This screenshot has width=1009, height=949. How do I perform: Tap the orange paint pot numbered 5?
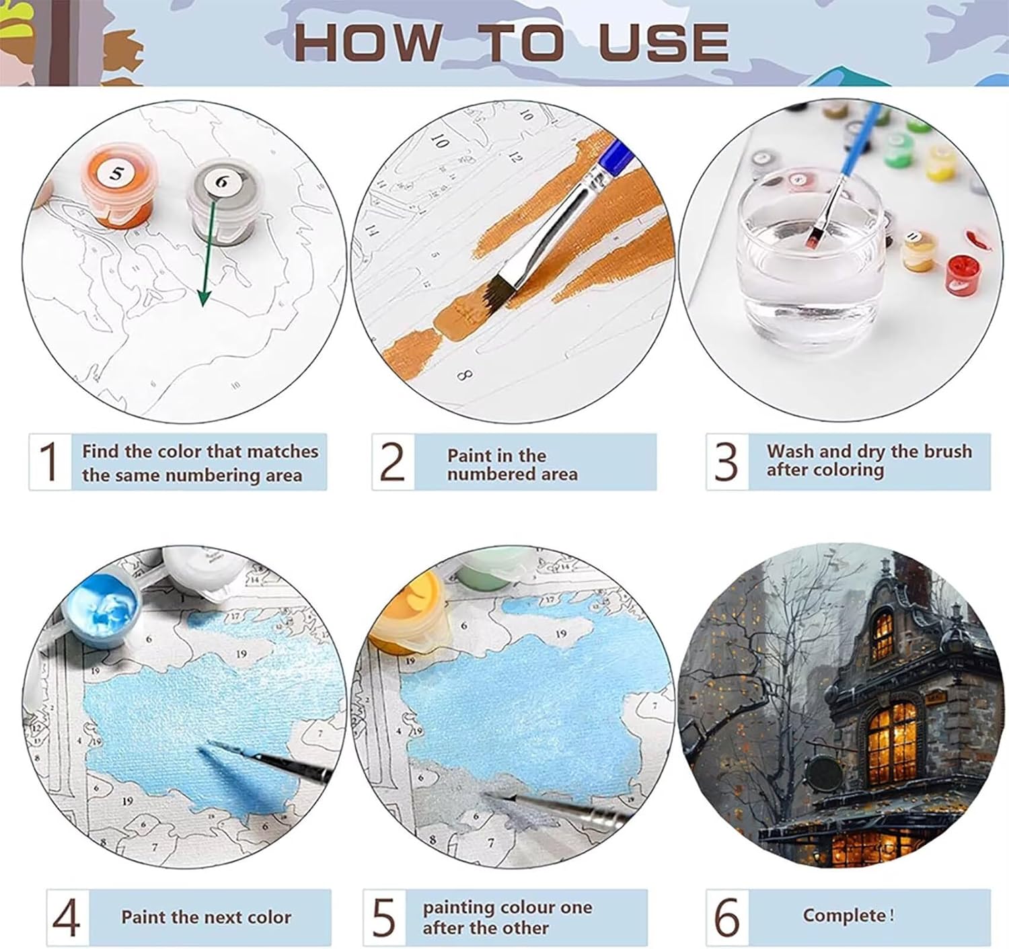tap(117, 186)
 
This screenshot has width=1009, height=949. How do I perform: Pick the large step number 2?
tap(392, 461)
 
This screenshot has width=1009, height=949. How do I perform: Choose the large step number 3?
tap(726, 461)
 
